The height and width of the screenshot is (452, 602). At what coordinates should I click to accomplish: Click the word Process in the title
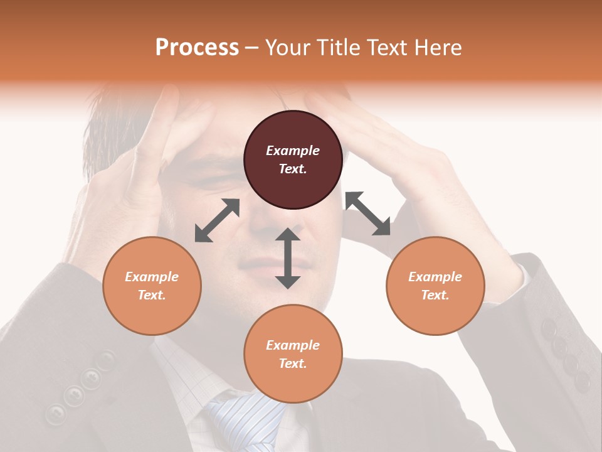pyautogui.click(x=197, y=48)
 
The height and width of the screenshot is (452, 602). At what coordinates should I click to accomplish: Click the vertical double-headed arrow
pyautogui.click(x=288, y=258)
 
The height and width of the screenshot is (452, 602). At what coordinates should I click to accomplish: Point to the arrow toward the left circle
pyautogui.click(x=217, y=220)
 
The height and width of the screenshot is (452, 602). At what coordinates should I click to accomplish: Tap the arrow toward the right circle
pyautogui.click(x=367, y=214)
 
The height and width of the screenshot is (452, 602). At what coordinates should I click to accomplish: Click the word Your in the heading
pyautogui.click(x=288, y=48)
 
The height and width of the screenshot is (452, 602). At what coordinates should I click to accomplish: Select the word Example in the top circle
pyautogui.click(x=293, y=151)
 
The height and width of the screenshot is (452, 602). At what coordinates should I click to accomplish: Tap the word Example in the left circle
pyautogui.click(x=152, y=277)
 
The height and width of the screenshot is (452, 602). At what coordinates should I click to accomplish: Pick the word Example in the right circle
pyautogui.click(x=435, y=277)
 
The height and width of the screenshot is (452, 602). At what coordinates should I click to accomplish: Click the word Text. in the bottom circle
pyautogui.click(x=293, y=363)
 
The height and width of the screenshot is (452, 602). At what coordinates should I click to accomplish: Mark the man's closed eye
pyautogui.click(x=213, y=181)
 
